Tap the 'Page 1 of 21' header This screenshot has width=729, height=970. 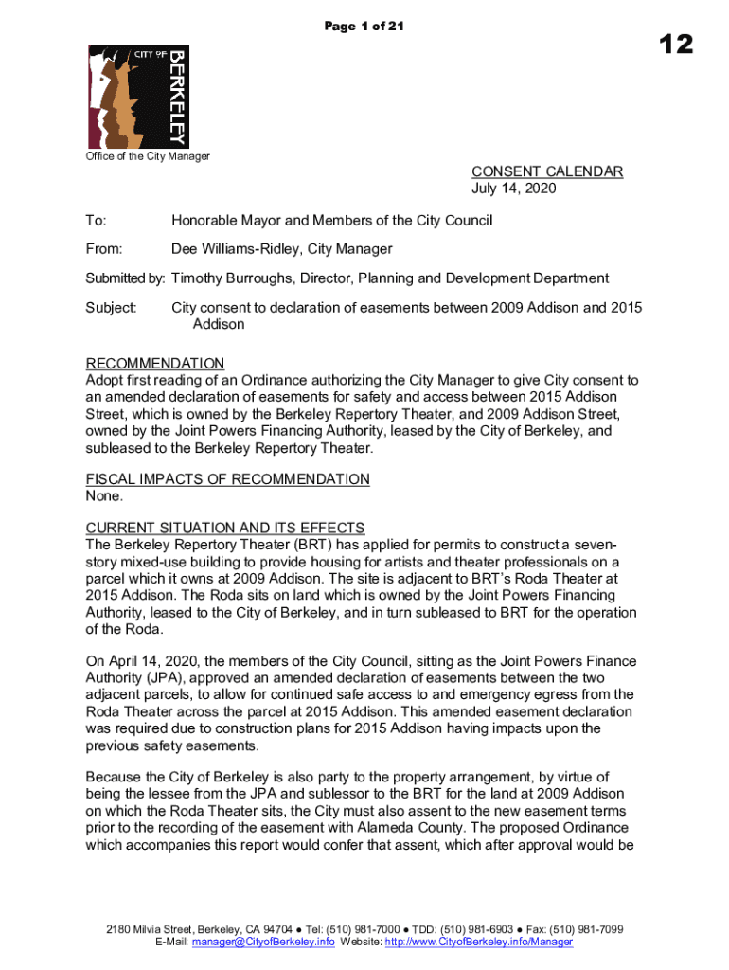click(x=364, y=27)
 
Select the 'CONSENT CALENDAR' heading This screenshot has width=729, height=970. click(x=547, y=171)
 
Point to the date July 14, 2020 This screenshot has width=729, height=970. click(x=514, y=189)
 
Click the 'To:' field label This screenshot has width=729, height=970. click(x=96, y=221)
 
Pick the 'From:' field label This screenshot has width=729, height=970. click(x=103, y=249)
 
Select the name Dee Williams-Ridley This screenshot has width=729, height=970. click(x=241, y=249)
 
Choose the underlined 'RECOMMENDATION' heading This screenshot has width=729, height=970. click(x=155, y=364)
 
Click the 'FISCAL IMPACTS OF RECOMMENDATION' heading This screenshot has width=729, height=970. click(x=227, y=479)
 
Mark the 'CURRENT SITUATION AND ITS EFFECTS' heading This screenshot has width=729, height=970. click(x=225, y=528)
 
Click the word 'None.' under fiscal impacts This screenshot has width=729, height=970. click(x=104, y=495)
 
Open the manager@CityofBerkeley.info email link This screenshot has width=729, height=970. click(x=262, y=943)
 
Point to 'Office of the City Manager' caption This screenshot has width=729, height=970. click(x=148, y=156)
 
